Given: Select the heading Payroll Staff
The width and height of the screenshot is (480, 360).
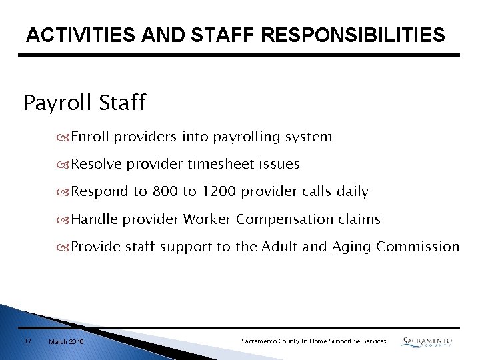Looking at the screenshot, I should tap(85, 103).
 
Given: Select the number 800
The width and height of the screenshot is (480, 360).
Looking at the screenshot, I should tap(165, 192).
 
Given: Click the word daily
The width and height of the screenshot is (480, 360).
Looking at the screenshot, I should tap(352, 192).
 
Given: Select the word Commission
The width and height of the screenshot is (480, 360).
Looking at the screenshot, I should tap(418, 247).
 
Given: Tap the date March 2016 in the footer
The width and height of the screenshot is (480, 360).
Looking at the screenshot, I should tap(66, 341).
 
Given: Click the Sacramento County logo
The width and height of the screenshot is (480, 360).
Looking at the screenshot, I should tap(427, 341).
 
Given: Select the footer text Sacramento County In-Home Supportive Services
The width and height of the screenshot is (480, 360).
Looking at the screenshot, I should tap(313, 341).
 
